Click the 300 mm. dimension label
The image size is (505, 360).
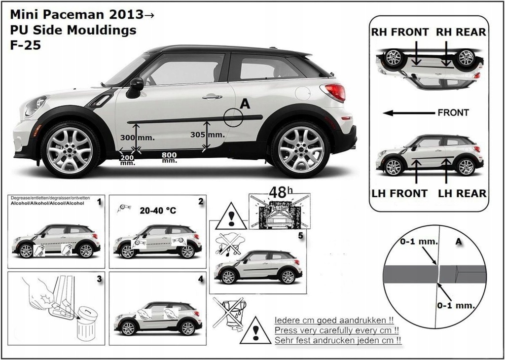140,138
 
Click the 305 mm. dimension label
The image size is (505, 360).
207,134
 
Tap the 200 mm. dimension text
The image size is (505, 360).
127,159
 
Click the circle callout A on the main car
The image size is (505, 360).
233,117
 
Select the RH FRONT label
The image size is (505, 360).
399,33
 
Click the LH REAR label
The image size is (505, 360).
462,194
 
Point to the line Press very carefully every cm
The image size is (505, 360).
336,330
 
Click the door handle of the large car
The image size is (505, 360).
212,97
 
